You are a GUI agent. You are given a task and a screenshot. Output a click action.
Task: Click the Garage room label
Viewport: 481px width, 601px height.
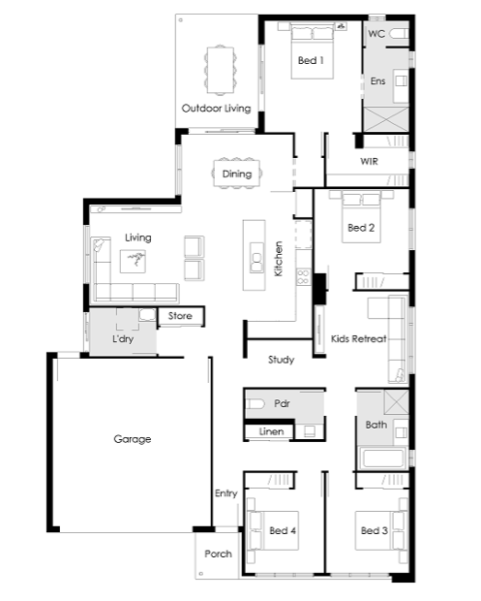click(133, 439)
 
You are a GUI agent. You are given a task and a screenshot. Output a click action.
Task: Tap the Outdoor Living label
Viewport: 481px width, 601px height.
click(216, 109)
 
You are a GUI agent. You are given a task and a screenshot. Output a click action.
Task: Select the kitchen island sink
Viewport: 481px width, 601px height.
click(256, 258)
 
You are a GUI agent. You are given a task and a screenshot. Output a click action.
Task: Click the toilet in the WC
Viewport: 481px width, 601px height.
click(399, 34)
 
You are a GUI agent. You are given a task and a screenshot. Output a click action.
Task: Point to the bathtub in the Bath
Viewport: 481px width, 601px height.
click(382, 458)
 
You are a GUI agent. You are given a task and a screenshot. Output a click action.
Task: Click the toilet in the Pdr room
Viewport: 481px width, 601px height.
click(255, 403)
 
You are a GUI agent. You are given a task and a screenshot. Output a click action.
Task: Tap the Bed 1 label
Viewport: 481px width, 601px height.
click(311, 60)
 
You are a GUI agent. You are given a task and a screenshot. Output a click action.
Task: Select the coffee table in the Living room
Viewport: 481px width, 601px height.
click(133, 262)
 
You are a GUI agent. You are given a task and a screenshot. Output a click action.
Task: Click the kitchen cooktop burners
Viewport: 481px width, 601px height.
click(304, 277)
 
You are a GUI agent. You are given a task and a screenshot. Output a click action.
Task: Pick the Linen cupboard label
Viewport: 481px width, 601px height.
click(271, 431)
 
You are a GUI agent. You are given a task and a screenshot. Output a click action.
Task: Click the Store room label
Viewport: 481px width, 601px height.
click(180, 316)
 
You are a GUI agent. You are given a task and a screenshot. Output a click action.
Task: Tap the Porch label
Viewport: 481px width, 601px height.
click(218, 554)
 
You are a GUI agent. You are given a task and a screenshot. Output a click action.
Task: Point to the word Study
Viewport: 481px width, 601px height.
click(282, 360)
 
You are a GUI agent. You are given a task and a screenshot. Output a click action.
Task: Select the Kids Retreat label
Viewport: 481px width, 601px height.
click(358, 339)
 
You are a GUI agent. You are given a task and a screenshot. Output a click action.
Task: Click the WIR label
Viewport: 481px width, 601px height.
click(370, 161)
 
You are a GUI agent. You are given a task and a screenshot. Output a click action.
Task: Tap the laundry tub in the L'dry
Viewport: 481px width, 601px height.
click(147, 315)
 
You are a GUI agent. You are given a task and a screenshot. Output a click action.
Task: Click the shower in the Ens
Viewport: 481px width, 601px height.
click(386, 119)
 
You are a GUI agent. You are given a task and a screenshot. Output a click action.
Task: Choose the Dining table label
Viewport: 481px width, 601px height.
click(237, 174)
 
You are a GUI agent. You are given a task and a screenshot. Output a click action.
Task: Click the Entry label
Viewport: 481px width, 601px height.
click(226, 493)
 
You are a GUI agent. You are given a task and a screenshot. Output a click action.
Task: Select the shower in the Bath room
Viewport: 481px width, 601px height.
click(397, 401)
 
